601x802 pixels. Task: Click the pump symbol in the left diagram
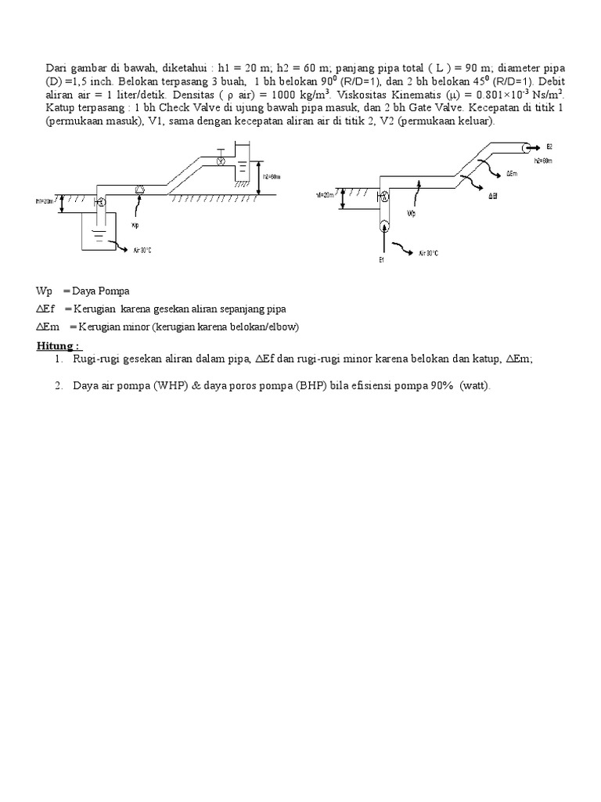click(x=140, y=189)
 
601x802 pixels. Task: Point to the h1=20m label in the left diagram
click(x=45, y=201)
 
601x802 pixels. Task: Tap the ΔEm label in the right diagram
click(x=513, y=173)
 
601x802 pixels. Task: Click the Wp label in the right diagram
click(x=410, y=211)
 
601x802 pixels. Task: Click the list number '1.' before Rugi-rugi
click(x=59, y=358)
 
